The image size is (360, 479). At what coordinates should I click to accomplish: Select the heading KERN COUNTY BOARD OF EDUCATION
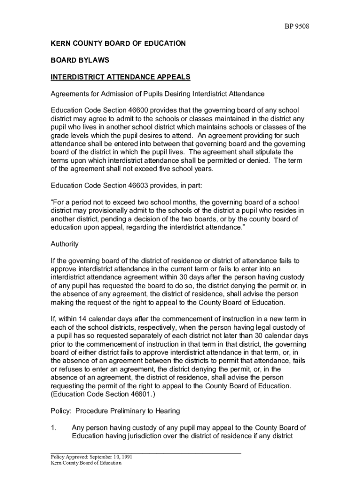point(118,44)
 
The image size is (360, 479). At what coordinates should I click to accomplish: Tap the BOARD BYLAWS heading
point(79,60)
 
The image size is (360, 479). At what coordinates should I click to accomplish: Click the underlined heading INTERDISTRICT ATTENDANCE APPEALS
point(121,77)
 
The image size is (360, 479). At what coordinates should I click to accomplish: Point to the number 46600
point(138,110)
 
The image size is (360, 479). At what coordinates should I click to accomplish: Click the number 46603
point(138,185)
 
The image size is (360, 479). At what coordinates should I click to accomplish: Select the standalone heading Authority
point(65,244)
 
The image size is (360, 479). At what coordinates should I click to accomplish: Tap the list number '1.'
point(54,428)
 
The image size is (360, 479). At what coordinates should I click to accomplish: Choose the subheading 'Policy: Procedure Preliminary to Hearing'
point(115,411)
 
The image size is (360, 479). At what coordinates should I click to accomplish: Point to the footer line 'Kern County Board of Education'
point(86,463)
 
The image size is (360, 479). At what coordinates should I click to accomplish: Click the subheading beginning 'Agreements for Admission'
point(158,94)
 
